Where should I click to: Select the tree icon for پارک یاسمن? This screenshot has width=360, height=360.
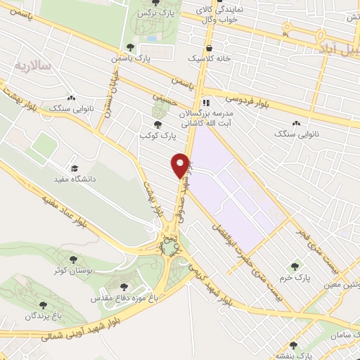(129, 47)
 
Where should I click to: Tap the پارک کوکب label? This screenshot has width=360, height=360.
(156, 134)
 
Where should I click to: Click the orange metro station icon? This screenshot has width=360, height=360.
(286, 29)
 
